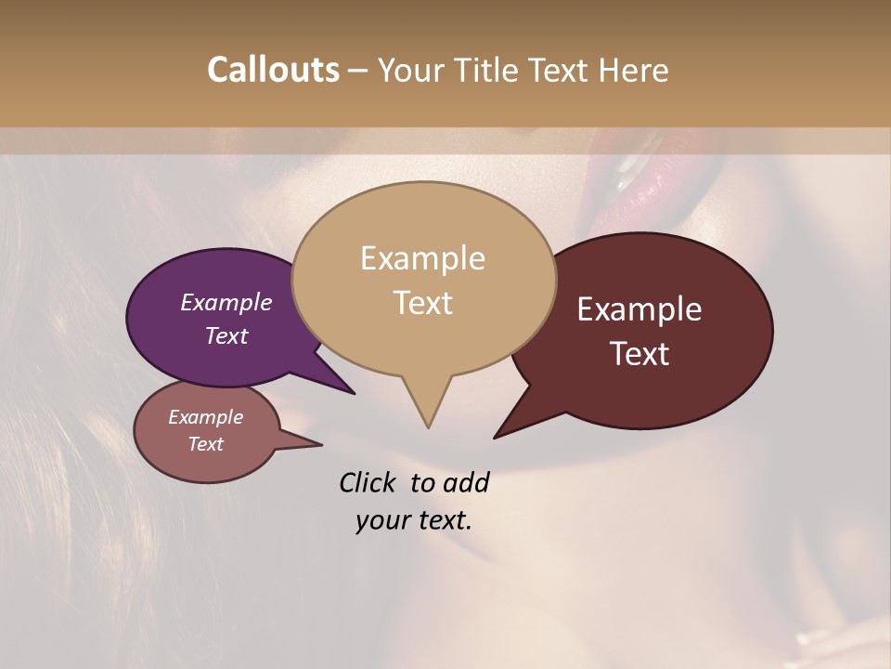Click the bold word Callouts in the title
pos(273,70)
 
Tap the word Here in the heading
pos(633,70)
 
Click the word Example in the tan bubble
pos(422,258)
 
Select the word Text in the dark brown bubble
pos(639,354)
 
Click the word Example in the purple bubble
pos(226,303)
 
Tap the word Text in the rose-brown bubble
pos(205,444)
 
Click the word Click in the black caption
pos(368,482)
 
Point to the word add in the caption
pos(465,482)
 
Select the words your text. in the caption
pos(413,520)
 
